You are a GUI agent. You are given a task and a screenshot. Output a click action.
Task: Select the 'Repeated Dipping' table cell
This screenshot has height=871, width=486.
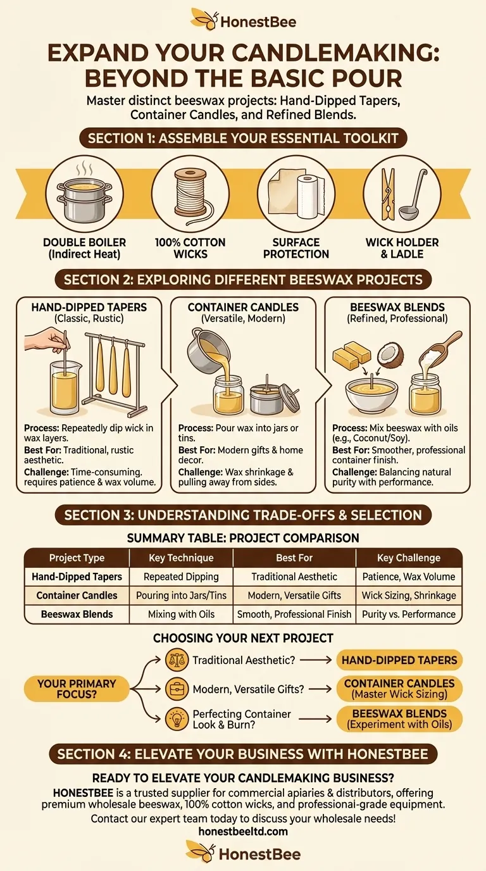point(181,577)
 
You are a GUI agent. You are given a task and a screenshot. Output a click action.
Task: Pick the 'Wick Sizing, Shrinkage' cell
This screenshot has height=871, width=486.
point(409,595)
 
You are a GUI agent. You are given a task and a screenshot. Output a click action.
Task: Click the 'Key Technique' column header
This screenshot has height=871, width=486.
point(181,558)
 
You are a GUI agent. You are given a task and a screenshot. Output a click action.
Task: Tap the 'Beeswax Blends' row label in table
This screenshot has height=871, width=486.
point(77,614)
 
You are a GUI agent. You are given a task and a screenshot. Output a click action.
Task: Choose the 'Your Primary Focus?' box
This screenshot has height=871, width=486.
point(77,689)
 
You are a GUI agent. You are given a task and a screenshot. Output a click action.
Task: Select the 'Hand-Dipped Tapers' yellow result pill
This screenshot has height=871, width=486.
point(399,660)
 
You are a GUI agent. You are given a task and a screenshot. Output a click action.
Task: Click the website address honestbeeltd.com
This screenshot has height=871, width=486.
point(243,831)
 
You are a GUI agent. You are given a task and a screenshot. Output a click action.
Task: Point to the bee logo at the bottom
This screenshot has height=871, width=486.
point(200,853)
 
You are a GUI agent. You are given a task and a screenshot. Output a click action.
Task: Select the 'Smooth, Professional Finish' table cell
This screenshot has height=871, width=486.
point(294,614)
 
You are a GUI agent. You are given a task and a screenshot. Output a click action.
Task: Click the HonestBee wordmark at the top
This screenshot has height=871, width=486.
point(258,23)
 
